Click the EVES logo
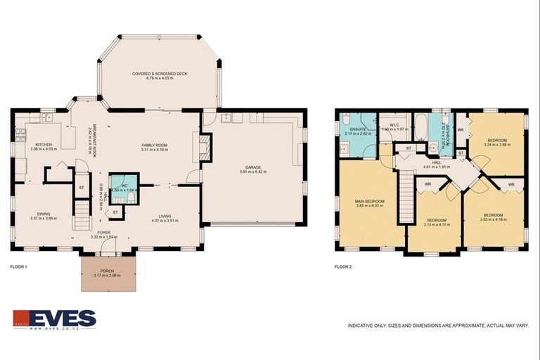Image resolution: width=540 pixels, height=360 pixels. coord(54,319)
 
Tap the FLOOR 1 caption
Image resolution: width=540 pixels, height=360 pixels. coord(18,267)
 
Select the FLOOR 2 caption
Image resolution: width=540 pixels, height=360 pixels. coord(343,267)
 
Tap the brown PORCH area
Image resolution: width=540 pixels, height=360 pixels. coord(107,272)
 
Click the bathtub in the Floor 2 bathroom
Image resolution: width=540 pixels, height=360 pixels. coord(420,129)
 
